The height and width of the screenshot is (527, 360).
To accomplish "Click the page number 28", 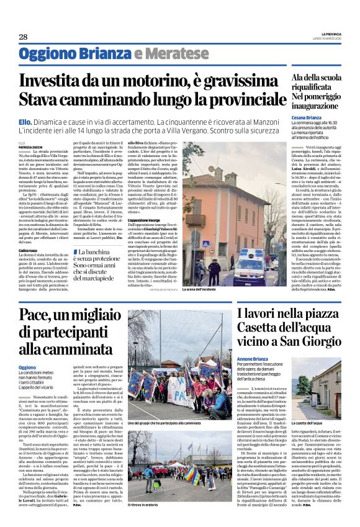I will coord(22,37).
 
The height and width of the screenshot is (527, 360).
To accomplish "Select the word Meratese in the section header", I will coord(168,55).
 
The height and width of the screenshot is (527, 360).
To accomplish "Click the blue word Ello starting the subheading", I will coord(25,124).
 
